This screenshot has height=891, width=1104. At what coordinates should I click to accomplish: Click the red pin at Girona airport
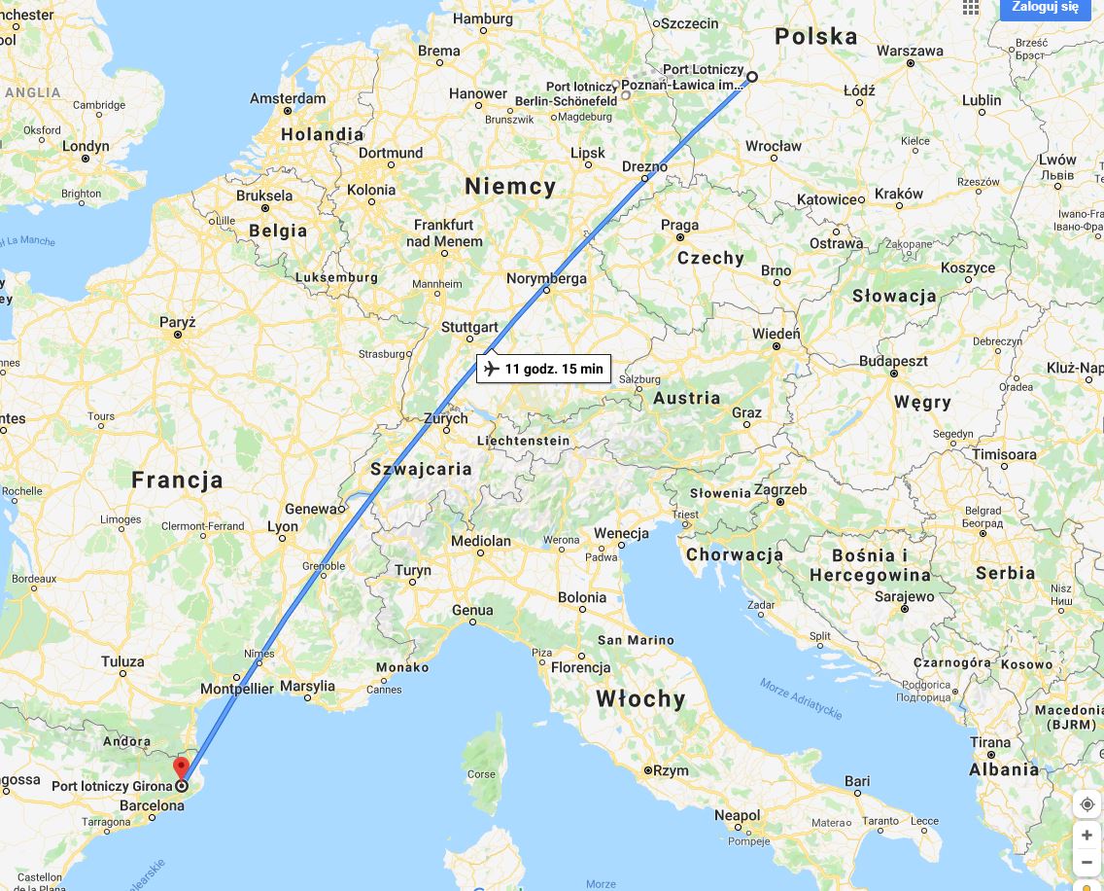[x=182, y=769]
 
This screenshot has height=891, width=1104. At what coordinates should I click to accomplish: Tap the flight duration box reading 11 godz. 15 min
[x=543, y=369]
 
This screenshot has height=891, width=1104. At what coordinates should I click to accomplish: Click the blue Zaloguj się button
[x=1046, y=8]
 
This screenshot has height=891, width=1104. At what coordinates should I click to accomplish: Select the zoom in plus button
[x=1087, y=836]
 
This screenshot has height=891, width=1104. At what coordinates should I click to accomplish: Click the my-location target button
[x=1087, y=804]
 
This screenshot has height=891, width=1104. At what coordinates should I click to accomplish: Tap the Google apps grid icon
[x=970, y=8]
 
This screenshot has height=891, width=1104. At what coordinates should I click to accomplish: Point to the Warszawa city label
[x=910, y=51]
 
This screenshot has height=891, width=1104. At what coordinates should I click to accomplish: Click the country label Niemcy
[x=510, y=187]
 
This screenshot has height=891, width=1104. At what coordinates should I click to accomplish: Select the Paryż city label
[x=178, y=323]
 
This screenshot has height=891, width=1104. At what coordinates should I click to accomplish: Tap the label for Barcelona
[x=152, y=805]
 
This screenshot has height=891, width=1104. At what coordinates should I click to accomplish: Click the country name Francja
[x=178, y=480]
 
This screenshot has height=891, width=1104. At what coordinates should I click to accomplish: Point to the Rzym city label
[x=671, y=770]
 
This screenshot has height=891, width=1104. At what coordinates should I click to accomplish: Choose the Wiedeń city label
[x=776, y=334]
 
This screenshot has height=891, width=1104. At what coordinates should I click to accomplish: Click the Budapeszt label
[x=893, y=361]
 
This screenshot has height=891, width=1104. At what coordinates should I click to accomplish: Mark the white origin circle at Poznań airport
[x=752, y=76]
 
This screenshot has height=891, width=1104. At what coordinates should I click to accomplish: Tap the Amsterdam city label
[x=288, y=99]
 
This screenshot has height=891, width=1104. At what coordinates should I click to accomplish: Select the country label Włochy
[x=640, y=698]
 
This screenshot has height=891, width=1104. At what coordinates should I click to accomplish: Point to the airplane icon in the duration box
[x=491, y=369]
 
